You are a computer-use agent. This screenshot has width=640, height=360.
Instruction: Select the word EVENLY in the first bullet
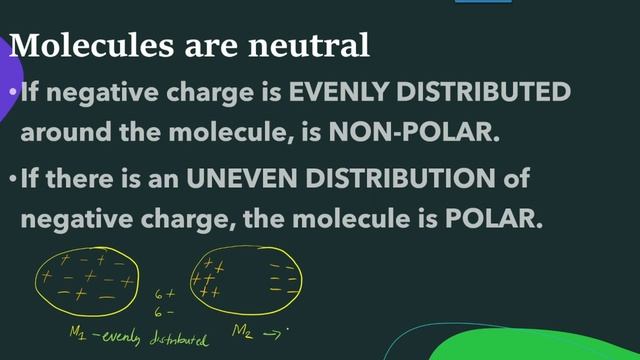[338, 93]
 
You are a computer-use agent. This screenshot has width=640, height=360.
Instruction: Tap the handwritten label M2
[242, 329]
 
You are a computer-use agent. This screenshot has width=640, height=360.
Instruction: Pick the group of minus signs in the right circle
[283, 279]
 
